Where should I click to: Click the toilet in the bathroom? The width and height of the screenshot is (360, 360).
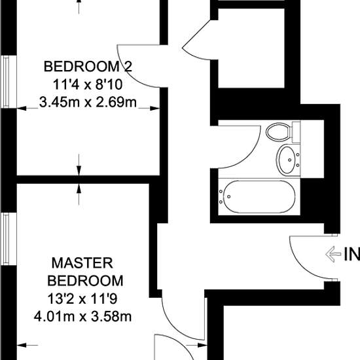[x=279, y=131]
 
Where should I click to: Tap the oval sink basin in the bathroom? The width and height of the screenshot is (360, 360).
[x=287, y=158]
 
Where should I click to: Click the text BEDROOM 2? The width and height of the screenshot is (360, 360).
[x=83, y=66]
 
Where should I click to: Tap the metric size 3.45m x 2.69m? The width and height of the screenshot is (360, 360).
[x=88, y=102]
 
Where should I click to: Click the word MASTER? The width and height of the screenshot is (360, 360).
[x=82, y=263]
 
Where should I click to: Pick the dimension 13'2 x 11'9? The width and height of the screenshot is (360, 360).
[x=82, y=299]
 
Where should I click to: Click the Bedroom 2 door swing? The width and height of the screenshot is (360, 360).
[x=134, y=65]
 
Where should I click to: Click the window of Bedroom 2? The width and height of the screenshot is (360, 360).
[x=6, y=82]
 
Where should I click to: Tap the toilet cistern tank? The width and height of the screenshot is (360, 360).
[x=296, y=132]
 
